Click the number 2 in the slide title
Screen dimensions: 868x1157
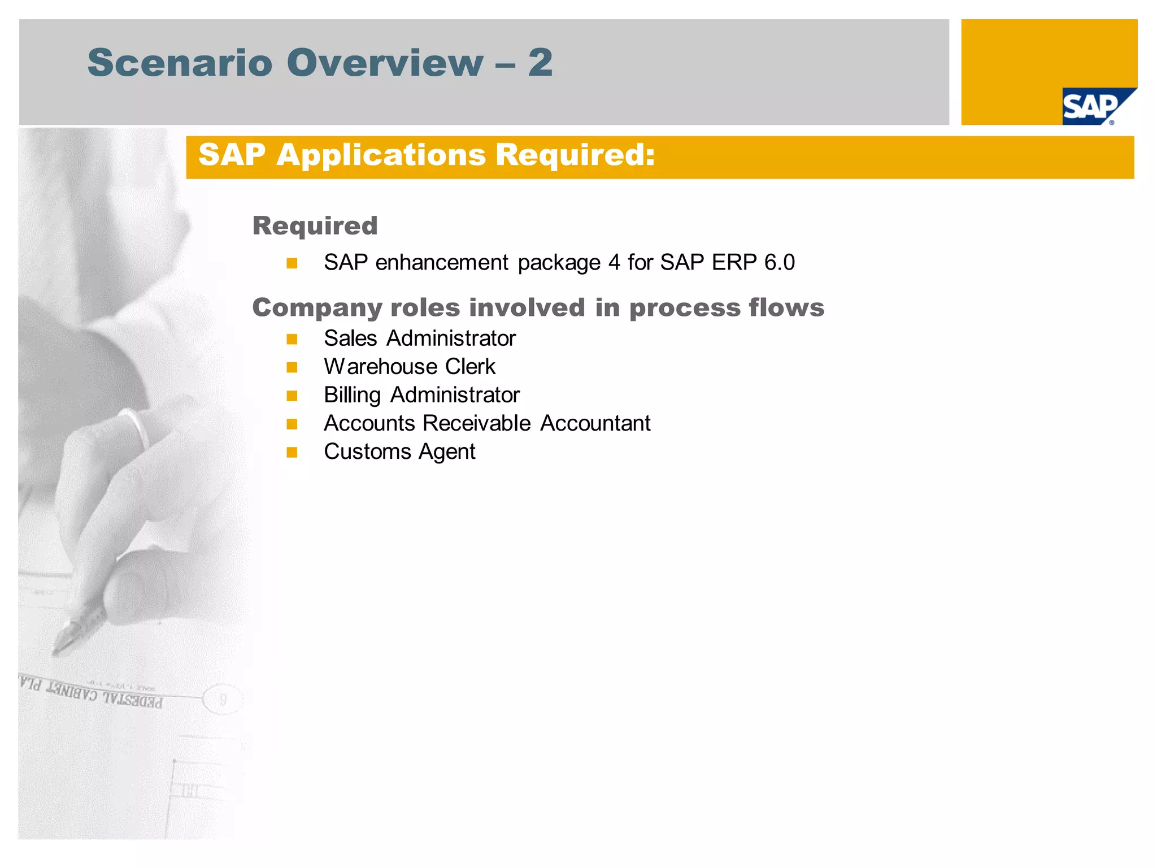tap(540, 62)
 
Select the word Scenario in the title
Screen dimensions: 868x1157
tap(180, 62)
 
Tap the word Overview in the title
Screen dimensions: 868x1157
tap(385, 62)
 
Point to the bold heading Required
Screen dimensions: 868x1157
tap(315, 225)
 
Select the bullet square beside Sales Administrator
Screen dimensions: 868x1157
tap(292, 339)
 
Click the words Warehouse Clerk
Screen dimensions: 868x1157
tap(410, 367)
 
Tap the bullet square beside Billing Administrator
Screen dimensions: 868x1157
tap(292, 396)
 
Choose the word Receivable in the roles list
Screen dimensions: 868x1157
tap(477, 423)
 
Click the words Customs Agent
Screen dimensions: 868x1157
tap(399, 452)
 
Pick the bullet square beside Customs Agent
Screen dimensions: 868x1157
tap(292, 452)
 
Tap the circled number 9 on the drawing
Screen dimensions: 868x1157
tap(223, 700)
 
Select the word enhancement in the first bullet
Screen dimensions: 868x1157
tap(442, 262)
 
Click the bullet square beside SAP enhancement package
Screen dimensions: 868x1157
tap(292, 263)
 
